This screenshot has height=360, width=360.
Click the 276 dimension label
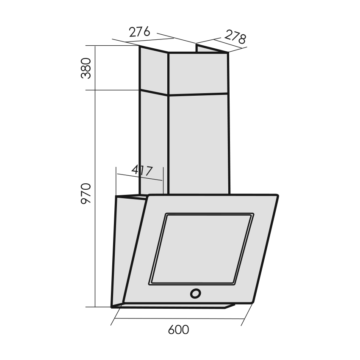click(x=139, y=32)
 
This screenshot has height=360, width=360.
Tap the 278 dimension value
click(x=235, y=37)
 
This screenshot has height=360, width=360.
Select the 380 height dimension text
click(x=86, y=68)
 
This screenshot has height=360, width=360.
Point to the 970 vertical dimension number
click(x=86, y=193)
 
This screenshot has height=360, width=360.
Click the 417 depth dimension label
click(x=142, y=170)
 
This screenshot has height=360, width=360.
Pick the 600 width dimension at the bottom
click(x=178, y=330)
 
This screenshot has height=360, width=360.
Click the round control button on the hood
click(x=195, y=294)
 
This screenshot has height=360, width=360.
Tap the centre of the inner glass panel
click(x=202, y=249)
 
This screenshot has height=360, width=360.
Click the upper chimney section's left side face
click(x=154, y=70)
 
